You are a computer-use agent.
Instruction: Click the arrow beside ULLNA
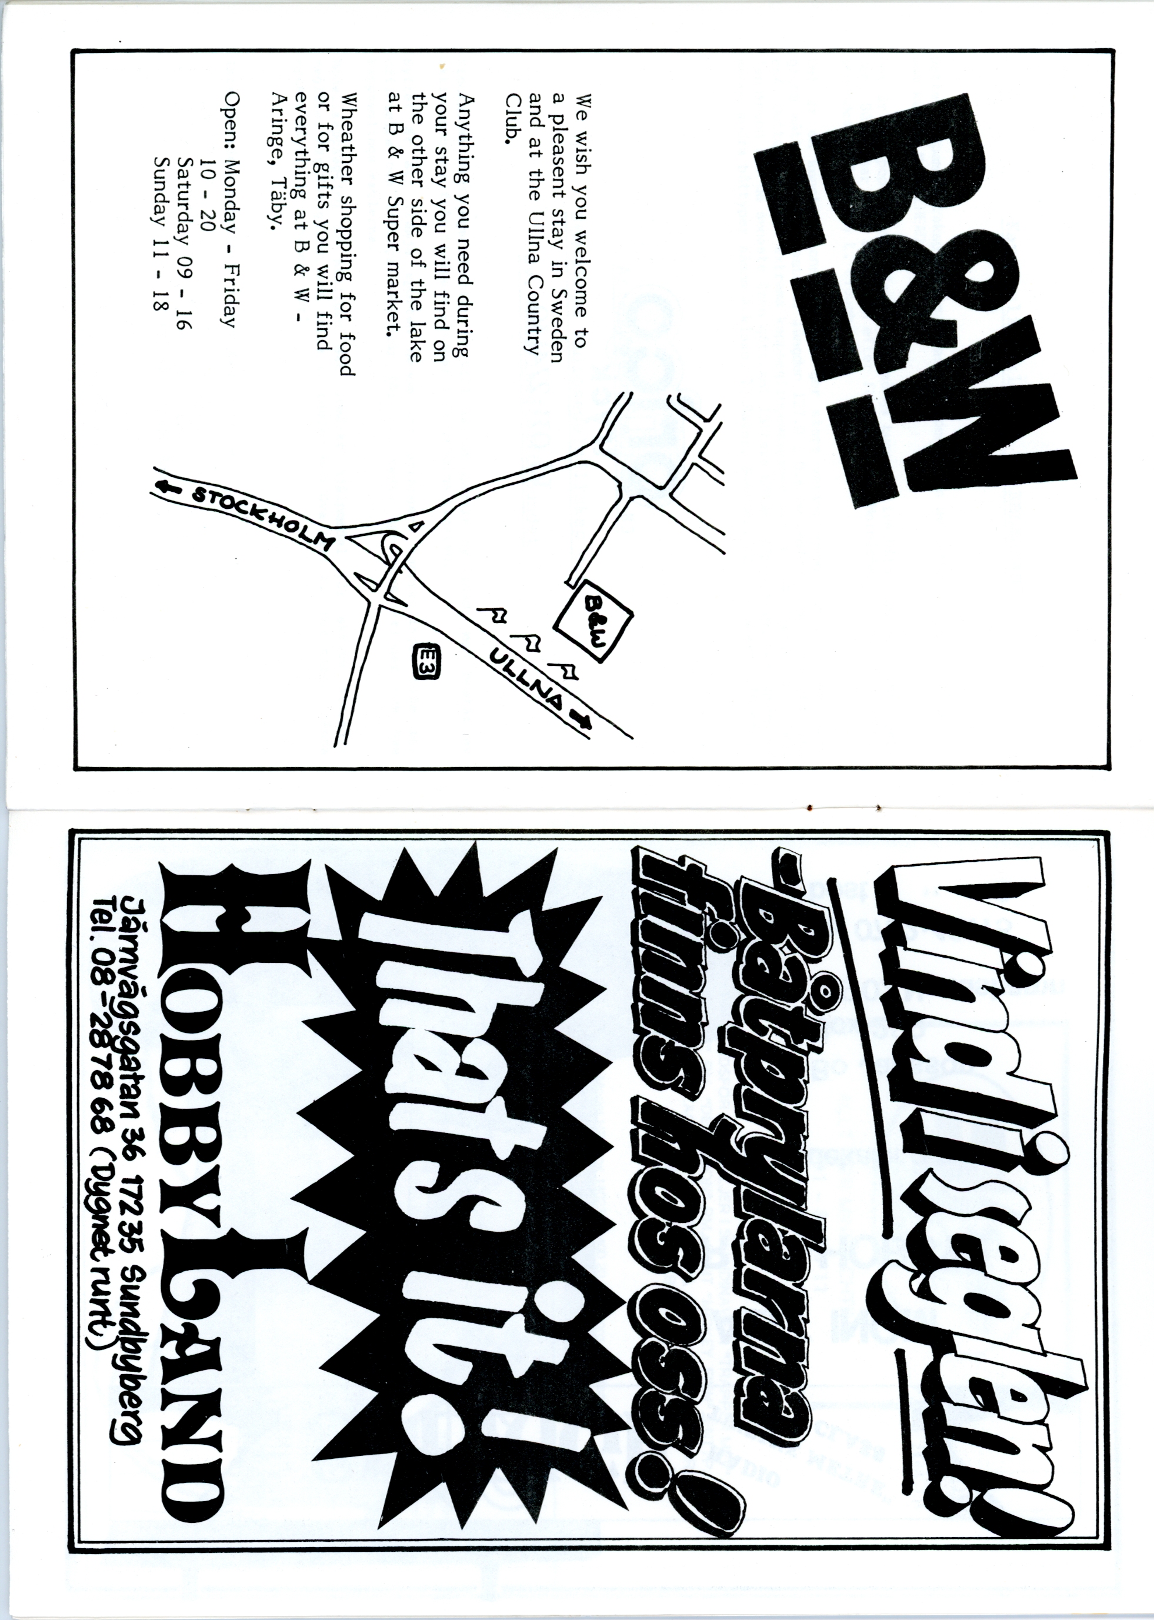583,718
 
